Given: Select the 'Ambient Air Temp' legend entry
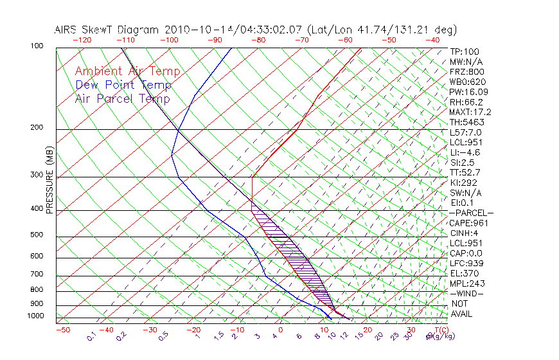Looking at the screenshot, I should tap(127, 71).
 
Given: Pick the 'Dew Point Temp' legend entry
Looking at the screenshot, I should tap(123, 85).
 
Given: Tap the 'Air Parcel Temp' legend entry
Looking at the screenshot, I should tap(122, 98).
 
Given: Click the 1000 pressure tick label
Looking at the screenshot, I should tap(37, 316).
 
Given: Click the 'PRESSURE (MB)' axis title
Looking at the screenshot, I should tap(50, 180).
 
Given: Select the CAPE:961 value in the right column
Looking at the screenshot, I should tap(469, 223).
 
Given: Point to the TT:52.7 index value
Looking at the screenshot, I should tap(466, 172).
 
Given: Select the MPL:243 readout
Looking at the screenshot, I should tap(467, 283).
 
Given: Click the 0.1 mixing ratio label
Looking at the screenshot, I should tap(91, 337).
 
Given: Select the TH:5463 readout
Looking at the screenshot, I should tap(467, 122).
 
